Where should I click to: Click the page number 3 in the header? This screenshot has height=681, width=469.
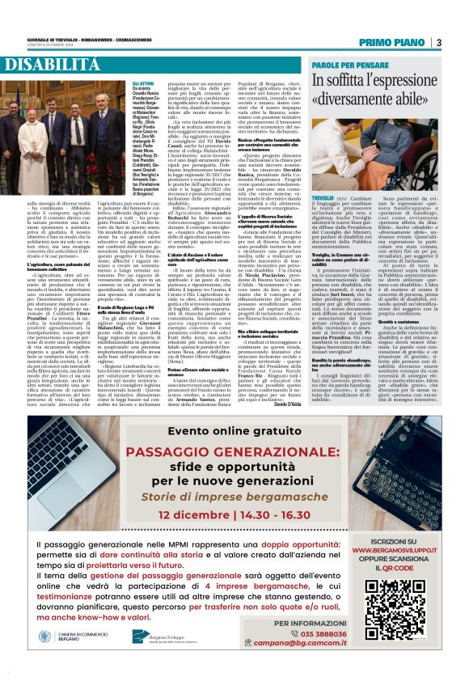tap(439, 42)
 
